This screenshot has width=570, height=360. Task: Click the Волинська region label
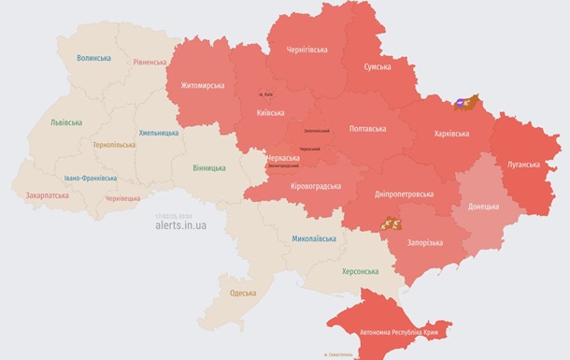(x=93, y=58)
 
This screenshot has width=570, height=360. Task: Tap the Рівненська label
(x=150, y=63)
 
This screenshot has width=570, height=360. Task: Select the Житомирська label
(x=195, y=86)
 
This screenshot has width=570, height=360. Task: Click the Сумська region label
(x=383, y=68)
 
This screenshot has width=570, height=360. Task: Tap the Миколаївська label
(x=313, y=239)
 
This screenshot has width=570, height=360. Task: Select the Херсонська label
(x=360, y=271)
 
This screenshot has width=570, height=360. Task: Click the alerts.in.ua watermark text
(x=181, y=225)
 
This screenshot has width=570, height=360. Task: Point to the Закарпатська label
(x=47, y=196)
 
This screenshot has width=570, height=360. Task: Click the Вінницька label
(x=208, y=168)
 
